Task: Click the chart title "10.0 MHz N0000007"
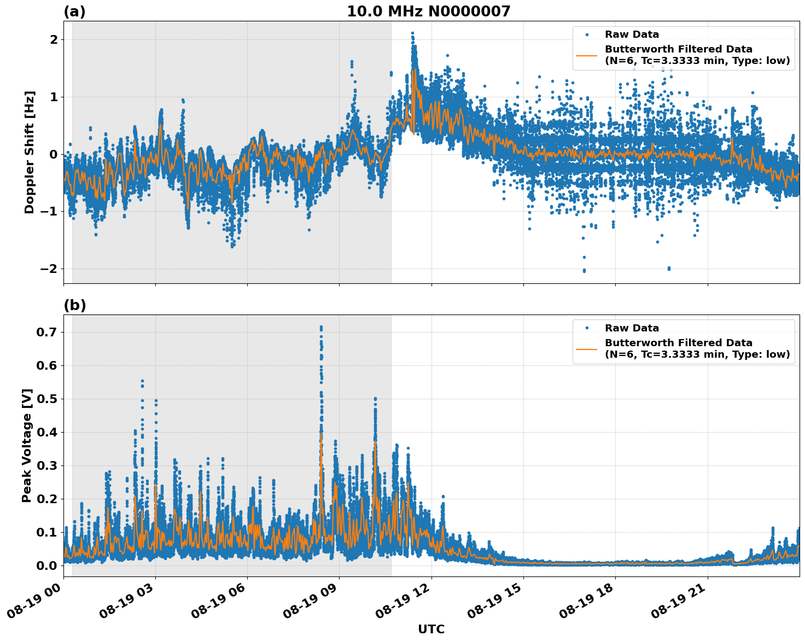pos(428,11)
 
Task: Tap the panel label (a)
pos(74,11)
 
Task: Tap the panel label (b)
pos(74,305)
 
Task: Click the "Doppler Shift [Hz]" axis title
pos(30,152)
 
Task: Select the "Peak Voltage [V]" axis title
pos(27,445)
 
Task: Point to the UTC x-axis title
pos(431,629)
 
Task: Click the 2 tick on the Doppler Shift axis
pos(54,40)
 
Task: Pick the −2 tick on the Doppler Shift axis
pos(49,269)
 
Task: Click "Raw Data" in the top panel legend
pos(632,34)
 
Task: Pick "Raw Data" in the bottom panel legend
pos(632,328)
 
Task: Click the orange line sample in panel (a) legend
pos(586,55)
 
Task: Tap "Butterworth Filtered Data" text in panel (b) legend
pos(678,343)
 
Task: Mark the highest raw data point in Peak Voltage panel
pos(321,327)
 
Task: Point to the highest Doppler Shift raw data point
pos(412,33)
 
